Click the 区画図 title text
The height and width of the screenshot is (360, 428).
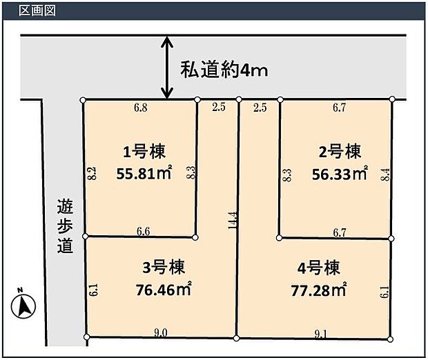point(37,10)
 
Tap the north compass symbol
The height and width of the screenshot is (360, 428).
point(23,303)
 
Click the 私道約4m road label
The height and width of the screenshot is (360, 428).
point(224,70)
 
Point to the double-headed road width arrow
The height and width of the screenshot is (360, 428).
point(167,68)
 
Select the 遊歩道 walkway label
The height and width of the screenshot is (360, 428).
point(66,226)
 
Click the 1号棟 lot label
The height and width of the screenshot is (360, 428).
point(144,152)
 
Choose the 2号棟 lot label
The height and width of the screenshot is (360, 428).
point(340,152)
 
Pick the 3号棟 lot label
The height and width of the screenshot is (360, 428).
point(164,268)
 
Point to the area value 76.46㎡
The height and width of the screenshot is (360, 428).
point(164,289)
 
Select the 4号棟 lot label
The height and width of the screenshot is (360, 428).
point(318,268)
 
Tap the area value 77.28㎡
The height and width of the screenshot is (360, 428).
point(319,290)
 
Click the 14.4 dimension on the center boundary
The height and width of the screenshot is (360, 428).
point(233,221)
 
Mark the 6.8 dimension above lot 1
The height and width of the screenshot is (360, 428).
point(141,108)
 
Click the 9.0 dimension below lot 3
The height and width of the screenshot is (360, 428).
point(161,332)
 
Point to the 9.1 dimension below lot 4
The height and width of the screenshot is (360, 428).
point(321,334)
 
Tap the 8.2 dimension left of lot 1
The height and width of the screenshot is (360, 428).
point(93,173)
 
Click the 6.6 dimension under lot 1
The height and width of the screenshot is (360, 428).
point(144,232)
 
